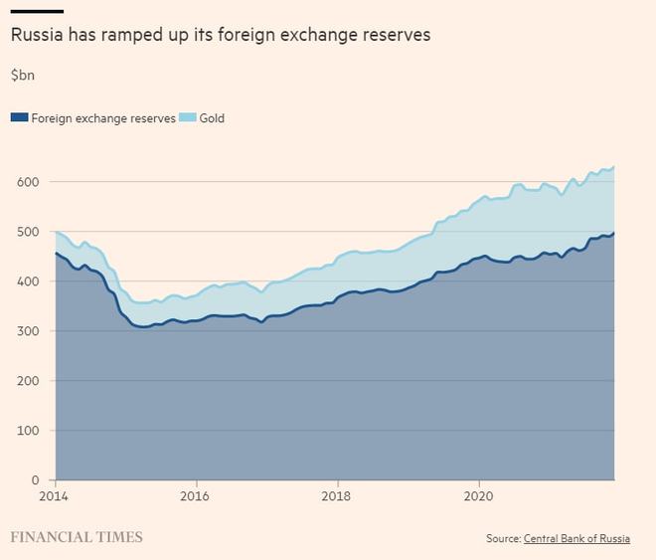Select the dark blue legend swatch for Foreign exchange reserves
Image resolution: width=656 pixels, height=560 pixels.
point(19,118)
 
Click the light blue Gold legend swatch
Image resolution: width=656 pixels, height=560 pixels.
point(187,118)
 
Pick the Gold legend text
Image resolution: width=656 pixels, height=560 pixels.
point(212,118)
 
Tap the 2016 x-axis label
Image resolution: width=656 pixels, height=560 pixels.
point(196,495)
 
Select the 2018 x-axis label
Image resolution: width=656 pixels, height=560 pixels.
point(338,495)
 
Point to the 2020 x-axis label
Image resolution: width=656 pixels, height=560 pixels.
point(479,495)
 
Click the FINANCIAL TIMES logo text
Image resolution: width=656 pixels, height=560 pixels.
point(77,537)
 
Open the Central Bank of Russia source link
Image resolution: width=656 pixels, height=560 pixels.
point(575,539)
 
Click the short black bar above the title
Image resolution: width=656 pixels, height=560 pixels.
point(37,12)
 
